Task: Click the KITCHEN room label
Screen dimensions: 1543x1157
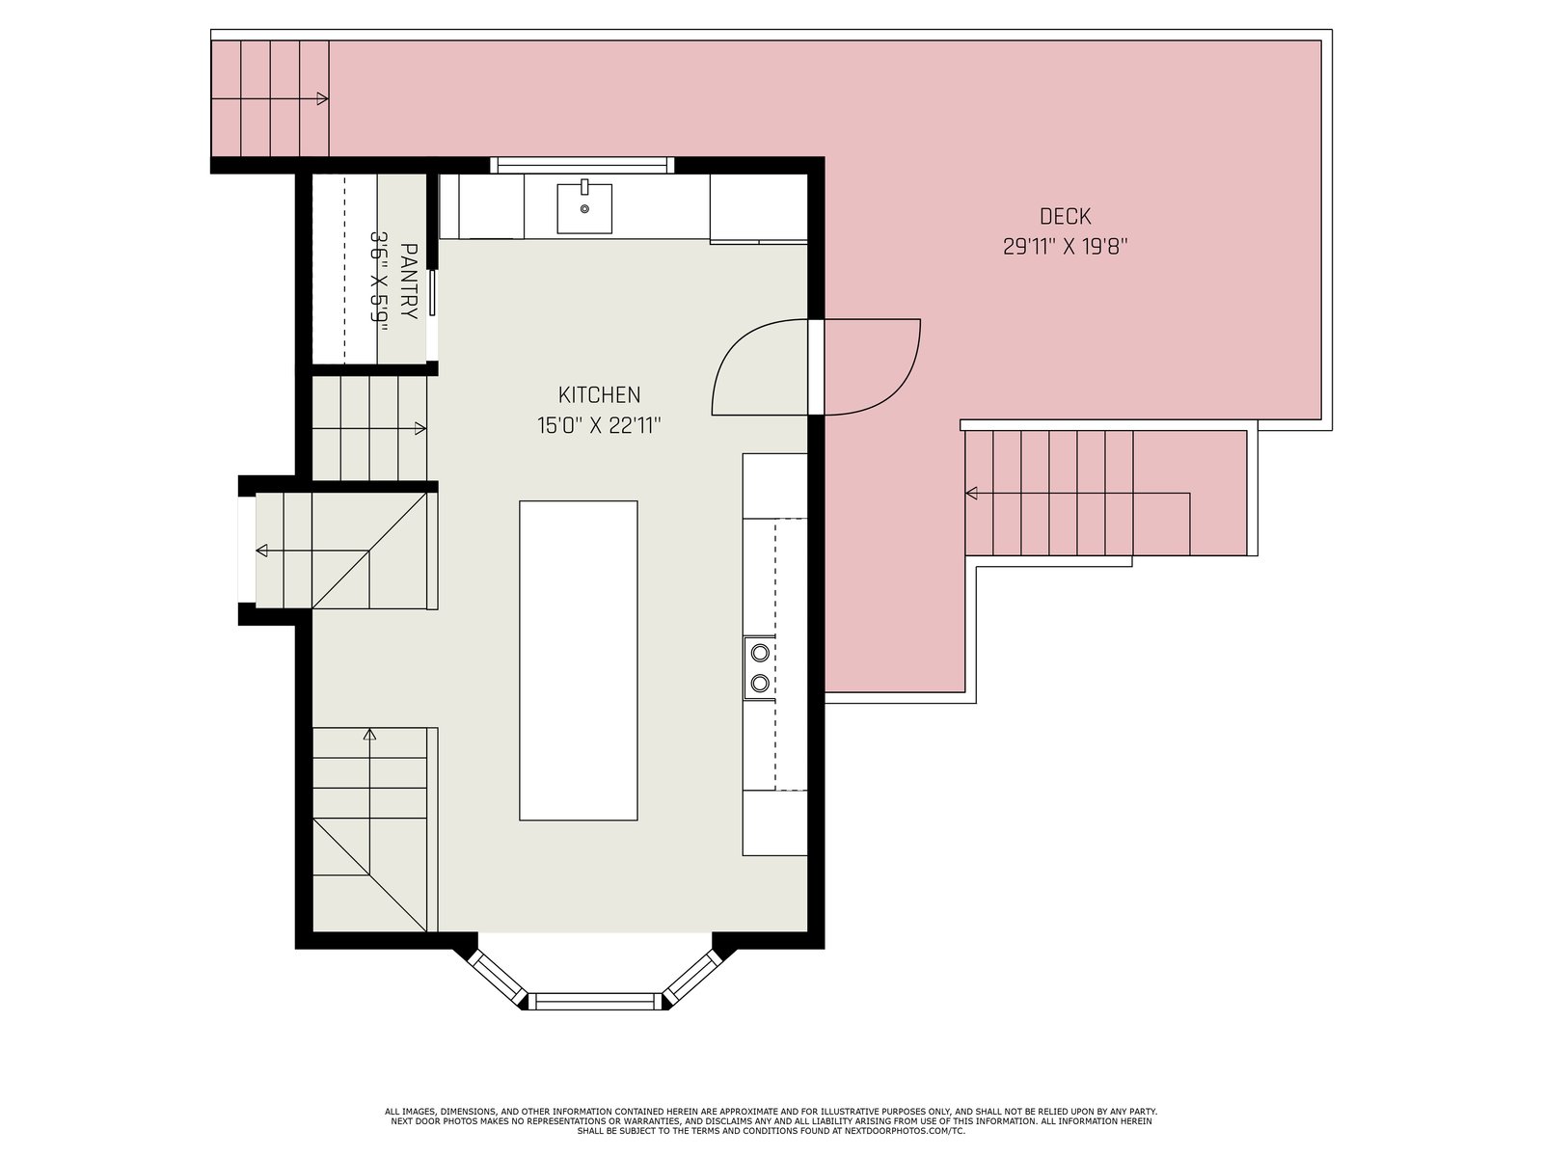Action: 599,394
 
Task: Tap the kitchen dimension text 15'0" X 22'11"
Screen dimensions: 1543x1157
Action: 599,426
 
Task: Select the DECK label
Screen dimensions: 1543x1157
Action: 1065,216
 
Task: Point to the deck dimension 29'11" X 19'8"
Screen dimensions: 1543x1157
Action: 1065,247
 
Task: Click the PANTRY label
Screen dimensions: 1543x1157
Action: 409,281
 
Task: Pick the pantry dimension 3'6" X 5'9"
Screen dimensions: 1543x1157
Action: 380,277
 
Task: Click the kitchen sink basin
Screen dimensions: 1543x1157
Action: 584,208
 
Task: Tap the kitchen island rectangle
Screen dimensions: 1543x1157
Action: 578,660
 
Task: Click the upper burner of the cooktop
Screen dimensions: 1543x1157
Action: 759,653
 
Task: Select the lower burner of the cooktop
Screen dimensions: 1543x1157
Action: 759,682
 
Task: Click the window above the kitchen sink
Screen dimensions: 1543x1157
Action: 582,165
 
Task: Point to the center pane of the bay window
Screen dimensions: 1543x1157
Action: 595,1001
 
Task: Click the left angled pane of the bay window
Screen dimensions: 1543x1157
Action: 497,978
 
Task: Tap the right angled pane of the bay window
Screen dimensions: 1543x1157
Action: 693,977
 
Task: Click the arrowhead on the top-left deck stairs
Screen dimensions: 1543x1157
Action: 323,98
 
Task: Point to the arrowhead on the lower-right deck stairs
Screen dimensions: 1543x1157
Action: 971,493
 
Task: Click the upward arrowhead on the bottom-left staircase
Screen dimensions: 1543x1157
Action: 369,734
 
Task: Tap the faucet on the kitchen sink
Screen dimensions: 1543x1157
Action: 584,186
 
